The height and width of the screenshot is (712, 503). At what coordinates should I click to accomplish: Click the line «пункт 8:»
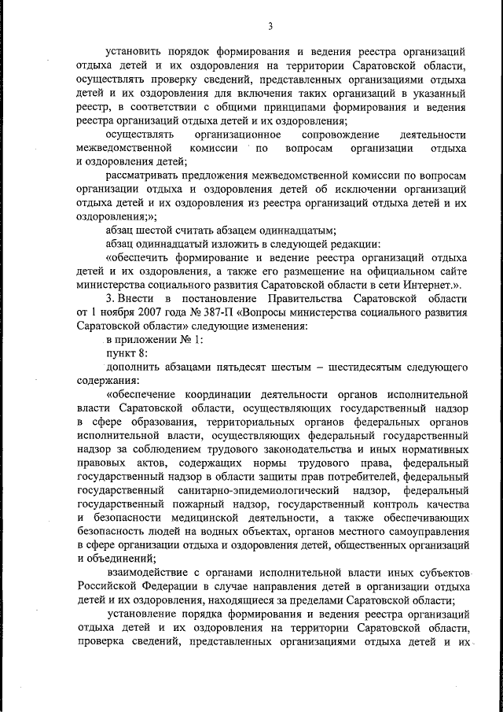[126, 353]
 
